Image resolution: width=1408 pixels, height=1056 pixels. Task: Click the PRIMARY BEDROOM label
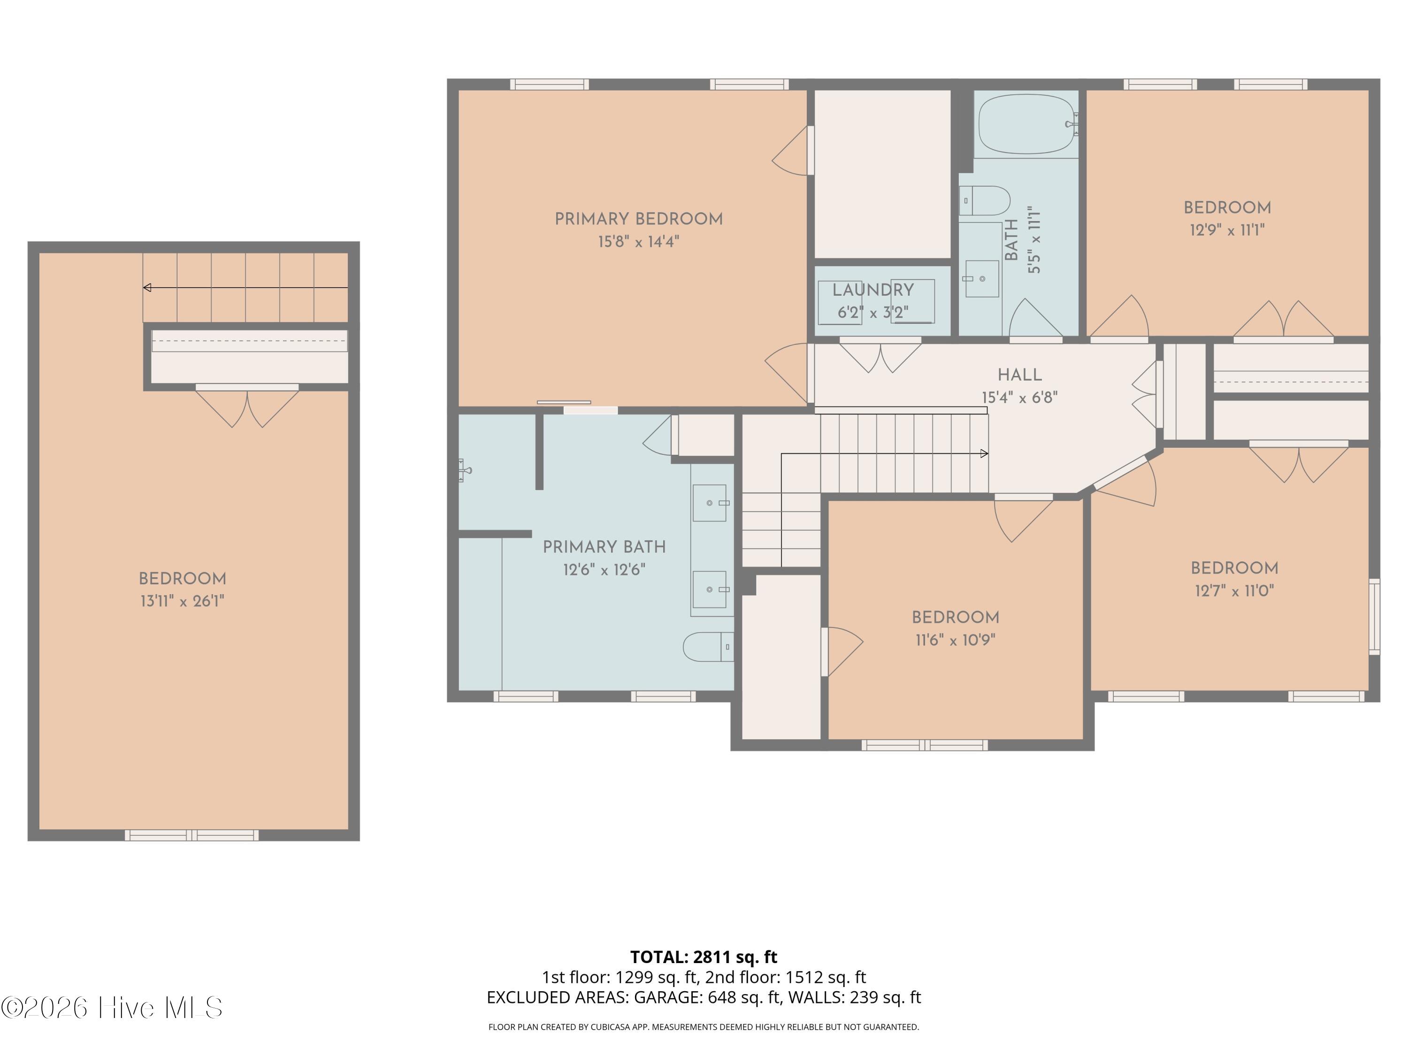pyautogui.click(x=638, y=219)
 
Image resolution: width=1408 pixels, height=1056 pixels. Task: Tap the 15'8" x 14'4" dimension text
pyautogui.click(x=638, y=242)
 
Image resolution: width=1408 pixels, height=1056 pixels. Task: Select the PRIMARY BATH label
pyautogui.click(x=604, y=547)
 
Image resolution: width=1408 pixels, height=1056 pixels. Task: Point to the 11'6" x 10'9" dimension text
pyautogui.click(x=955, y=640)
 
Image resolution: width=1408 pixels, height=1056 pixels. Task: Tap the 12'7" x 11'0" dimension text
pyautogui.click(x=1234, y=591)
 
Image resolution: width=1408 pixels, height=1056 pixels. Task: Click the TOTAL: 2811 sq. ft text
pyautogui.click(x=704, y=957)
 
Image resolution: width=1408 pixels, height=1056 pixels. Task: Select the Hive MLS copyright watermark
pyautogui.click(x=112, y=1008)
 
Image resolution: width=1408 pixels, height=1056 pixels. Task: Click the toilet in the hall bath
pyautogui.click(x=984, y=200)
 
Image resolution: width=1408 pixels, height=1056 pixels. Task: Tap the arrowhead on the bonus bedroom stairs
pyautogui.click(x=147, y=288)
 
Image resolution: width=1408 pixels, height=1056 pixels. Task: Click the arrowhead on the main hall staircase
pyautogui.click(x=984, y=454)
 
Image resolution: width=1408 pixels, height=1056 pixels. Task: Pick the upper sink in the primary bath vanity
pyautogui.click(x=709, y=503)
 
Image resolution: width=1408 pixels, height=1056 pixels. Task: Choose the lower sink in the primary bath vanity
pyautogui.click(x=709, y=589)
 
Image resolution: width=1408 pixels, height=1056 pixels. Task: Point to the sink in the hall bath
pyautogui.click(x=982, y=279)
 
